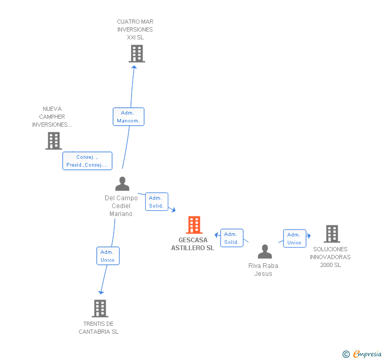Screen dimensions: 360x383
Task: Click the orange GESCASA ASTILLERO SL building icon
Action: [x=194, y=225]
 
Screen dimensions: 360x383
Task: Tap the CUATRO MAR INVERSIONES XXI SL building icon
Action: [x=136, y=54]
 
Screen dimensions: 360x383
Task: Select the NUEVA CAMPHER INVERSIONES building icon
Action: [x=54, y=141]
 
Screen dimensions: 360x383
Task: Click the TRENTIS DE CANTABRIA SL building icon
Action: [x=100, y=308]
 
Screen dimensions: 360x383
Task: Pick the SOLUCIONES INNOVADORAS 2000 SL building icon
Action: [x=331, y=234]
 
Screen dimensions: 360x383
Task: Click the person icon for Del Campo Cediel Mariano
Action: [x=122, y=184]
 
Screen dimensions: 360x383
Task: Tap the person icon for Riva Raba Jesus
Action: [x=265, y=252]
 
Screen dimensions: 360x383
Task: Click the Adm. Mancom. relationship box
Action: [x=128, y=117]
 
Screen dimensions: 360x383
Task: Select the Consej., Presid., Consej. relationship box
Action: [x=87, y=161]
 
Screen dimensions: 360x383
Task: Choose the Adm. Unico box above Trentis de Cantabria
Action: [x=108, y=256]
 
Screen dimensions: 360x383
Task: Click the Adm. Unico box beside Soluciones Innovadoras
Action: [x=295, y=239]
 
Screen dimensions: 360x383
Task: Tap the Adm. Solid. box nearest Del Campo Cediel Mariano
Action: [x=156, y=202]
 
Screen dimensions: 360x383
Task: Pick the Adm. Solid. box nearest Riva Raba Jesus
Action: [x=231, y=238]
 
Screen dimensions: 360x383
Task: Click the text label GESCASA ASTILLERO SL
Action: [x=193, y=244]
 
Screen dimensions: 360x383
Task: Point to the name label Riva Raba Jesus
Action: [x=263, y=270]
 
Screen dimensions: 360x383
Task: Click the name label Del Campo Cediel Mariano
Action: [x=121, y=205]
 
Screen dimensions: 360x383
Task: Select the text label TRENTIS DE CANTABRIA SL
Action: [x=98, y=327]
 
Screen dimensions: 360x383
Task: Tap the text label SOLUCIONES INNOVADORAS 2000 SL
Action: [x=330, y=257]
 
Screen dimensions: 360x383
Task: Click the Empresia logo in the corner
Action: [x=362, y=354]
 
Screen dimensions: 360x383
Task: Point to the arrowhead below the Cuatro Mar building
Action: [x=134, y=66]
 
